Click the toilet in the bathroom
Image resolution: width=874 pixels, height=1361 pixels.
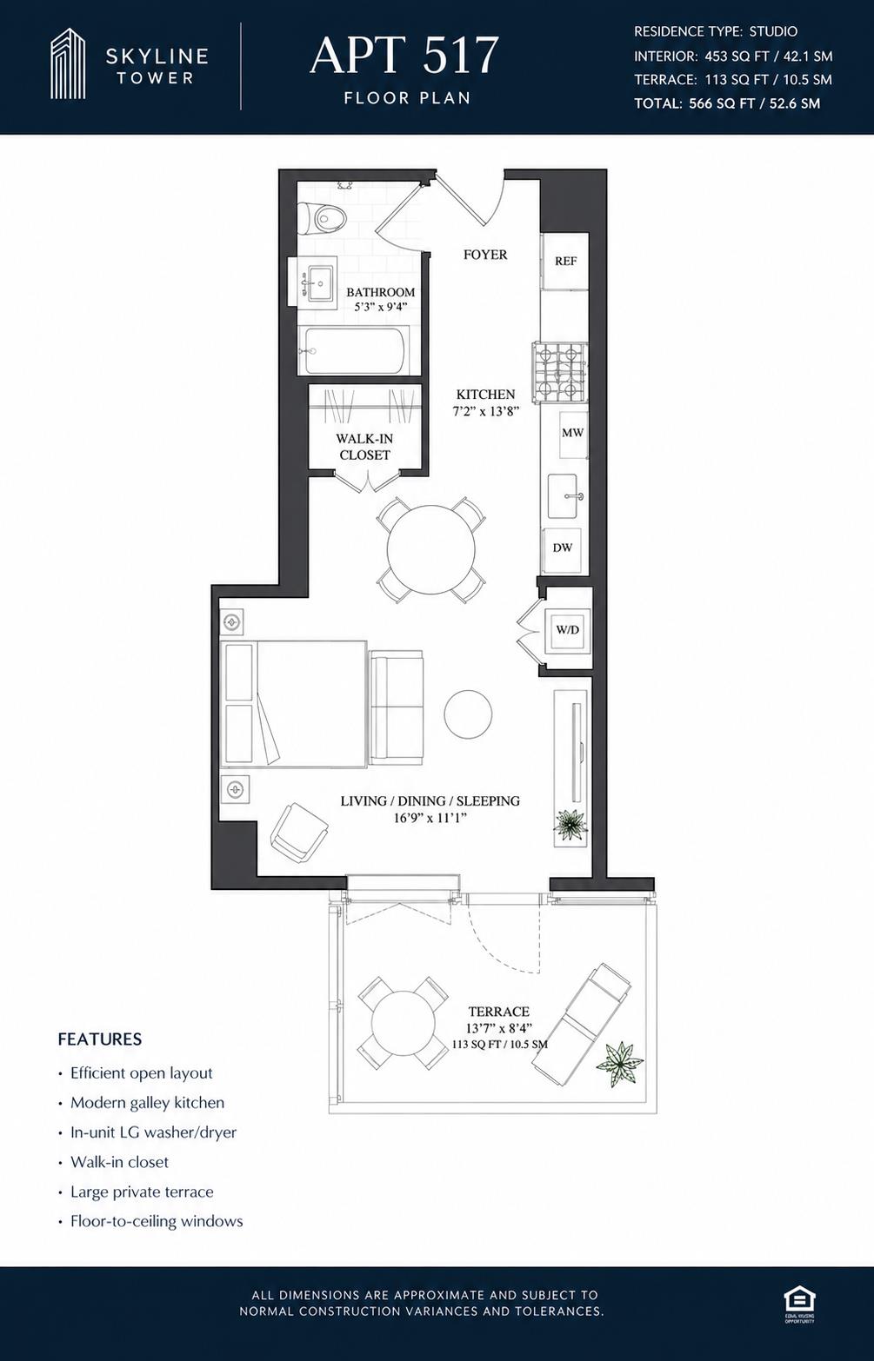pyautogui.click(x=322, y=216)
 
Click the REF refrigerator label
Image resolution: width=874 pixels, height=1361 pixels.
pyautogui.click(x=565, y=261)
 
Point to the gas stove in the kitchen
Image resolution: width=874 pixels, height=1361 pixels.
pyautogui.click(x=560, y=372)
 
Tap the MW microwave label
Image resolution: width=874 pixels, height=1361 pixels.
pyautogui.click(x=572, y=433)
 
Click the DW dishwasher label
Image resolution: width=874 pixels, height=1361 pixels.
pyautogui.click(x=562, y=548)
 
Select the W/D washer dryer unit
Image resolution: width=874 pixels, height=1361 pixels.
pyautogui.click(x=567, y=630)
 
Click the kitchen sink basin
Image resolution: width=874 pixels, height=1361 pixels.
pyautogui.click(x=563, y=496)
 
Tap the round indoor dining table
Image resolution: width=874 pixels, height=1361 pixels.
pyautogui.click(x=431, y=549)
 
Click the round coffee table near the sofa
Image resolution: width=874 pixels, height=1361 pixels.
pyautogui.click(x=468, y=714)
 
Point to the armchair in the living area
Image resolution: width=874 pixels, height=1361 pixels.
pyautogui.click(x=299, y=831)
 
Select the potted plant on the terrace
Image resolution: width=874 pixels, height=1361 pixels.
pyautogui.click(x=619, y=1064)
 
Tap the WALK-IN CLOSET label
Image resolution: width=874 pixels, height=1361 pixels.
pyautogui.click(x=364, y=447)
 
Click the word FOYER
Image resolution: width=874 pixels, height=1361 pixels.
pyautogui.click(x=485, y=255)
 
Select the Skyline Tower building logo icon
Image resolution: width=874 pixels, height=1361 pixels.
pyautogui.click(x=68, y=63)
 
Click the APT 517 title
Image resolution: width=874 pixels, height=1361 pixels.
pyautogui.click(x=404, y=56)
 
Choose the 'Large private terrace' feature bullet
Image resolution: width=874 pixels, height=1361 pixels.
pyautogui.click(x=142, y=1192)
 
